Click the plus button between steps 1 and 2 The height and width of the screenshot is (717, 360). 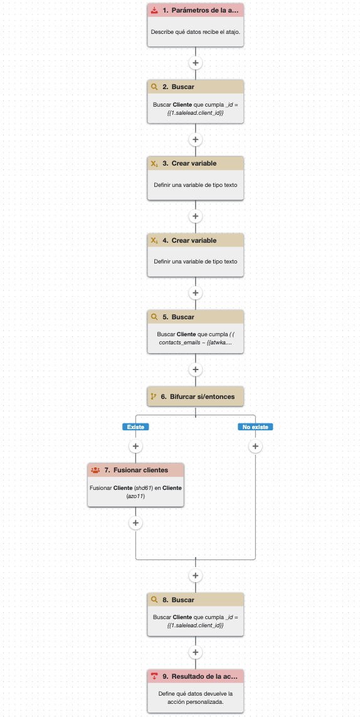pyautogui.click(x=195, y=63)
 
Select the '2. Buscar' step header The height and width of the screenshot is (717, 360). pyautogui.click(x=195, y=87)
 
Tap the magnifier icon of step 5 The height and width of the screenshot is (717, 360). pyautogui.click(x=154, y=317)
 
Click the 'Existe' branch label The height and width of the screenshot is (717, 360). pyautogui.click(x=135, y=427)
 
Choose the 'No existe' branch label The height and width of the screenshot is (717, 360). pyautogui.click(x=255, y=427)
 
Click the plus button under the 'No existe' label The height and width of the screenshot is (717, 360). pyautogui.click(x=255, y=446)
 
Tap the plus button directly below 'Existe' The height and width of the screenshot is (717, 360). pyautogui.click(x=135, y=446)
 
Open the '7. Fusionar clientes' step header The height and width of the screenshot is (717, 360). pyautogui.click(x=135, y=470)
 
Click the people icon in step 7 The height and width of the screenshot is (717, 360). pyautogui.click(x=95, y=470)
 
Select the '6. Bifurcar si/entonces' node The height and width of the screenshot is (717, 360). pyautogui.click(x=195, y=396)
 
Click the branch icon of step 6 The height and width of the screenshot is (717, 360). pyautogui.click(x=154, y=396)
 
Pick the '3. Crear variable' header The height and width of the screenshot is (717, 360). pyautogui.click(x=195, y=163)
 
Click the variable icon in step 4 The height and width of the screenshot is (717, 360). pyautogui.click(x=154, y=240)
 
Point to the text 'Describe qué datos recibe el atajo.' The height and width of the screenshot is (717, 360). pyautogui.click(x=195, y=32)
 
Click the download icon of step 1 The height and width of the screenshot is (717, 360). pyautogui.click(x=154, y=9)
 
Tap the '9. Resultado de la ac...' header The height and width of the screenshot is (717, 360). pyautogui.click(x=195, y=676)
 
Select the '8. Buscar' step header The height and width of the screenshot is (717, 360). pyautogui.click(x=195, y=600)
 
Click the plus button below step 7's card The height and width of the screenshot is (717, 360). pyautogui.click(x=135, y=523)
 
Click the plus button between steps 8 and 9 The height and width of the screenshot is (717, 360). pyautogui.click(x=195, y=652)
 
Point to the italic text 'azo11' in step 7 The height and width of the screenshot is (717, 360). pyautogui.click(x=135, y=496)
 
